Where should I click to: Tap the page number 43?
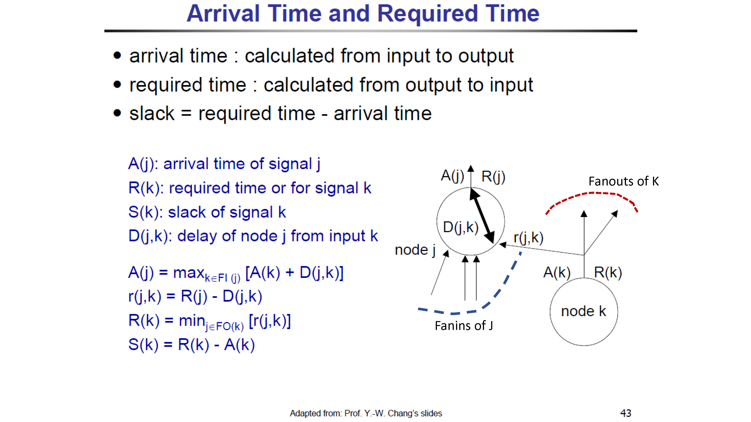click(626, 413)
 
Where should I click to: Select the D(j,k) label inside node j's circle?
click(461, 228)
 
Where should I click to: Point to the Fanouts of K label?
click(624, 181)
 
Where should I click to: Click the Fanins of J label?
click(464, 326)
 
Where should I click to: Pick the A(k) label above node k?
click(557, 273)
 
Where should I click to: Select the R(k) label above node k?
click(608, 273)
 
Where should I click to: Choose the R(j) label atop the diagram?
click(493, 177)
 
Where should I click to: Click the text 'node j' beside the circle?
click(415, 250)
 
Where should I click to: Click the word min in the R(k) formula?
click(192, 321)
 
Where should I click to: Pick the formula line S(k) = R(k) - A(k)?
click(192, 345)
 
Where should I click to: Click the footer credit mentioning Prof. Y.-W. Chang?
click(366, 413)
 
